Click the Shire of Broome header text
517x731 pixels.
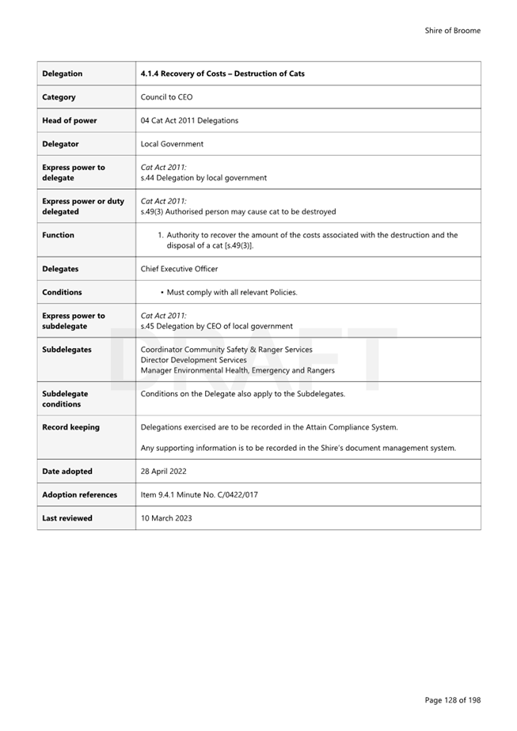click(452, 31)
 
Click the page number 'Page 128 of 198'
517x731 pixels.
click(452, 700)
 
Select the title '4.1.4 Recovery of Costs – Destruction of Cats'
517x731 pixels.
click(222, 74)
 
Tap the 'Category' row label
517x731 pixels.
click(59, 97)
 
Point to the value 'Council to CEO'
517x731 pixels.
click(166, 97)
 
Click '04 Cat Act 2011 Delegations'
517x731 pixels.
click(189, 121)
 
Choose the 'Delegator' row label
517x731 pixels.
click(60, 144)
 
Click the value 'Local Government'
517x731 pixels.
click(172, 144)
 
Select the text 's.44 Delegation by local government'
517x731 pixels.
click(203, 178)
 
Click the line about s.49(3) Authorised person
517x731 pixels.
click(238, 212)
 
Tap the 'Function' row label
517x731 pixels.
click(58, 235)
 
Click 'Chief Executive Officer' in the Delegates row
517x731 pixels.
click(179, 269)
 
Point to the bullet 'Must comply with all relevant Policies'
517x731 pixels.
click(232, 293)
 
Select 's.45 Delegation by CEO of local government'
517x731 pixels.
click(216, 326)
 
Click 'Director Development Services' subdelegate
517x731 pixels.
click(193, 360)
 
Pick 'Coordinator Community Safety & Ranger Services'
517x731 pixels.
click(226, 350)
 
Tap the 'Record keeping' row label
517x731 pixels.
click(70, 427)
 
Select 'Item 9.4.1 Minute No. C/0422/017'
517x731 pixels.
click(199, 495)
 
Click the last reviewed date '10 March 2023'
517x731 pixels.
click(165, 518)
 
